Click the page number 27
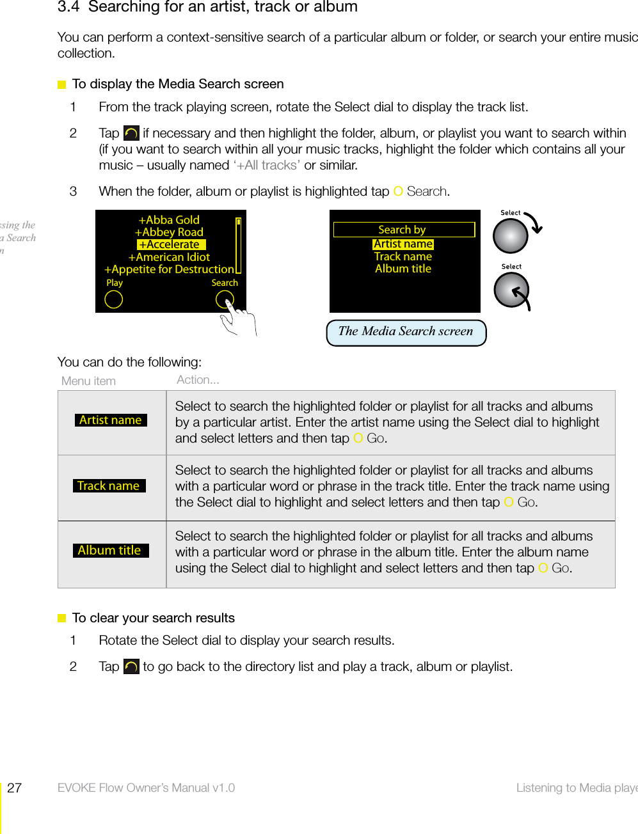point(15,788)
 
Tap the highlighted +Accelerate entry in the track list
point(171,244)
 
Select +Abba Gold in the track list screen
point(169,220)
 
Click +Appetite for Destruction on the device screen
point(169,269)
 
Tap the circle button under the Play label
point(114,299)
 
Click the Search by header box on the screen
point(404,230)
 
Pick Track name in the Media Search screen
point(403,256)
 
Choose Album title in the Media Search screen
point(403,269)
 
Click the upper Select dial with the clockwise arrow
point(511,235)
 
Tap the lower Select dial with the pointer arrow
point(511,290)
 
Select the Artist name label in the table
point(111,420)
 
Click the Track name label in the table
point(109,486)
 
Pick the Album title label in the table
point(110,551)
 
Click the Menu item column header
point(88,381)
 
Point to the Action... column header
point(198,380)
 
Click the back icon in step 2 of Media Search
point(131,133)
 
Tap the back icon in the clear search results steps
point(131,666)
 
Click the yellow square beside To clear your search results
point(62,618)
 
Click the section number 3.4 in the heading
point(68,7)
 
